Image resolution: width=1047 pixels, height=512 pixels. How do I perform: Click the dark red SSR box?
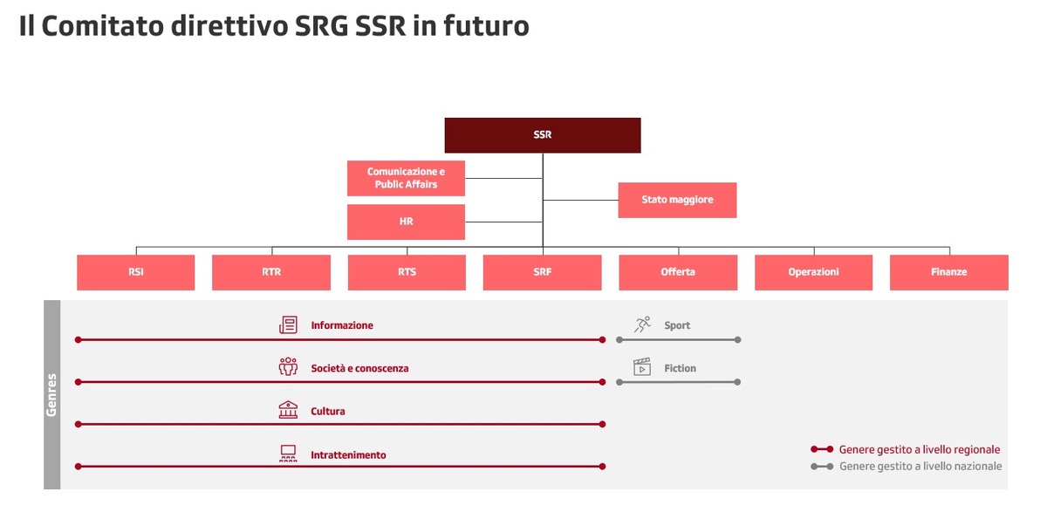(x=543, y=135)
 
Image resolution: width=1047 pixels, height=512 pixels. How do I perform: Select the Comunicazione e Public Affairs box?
(x=406, y=178)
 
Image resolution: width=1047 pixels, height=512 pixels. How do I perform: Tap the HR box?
(x=406, y=222)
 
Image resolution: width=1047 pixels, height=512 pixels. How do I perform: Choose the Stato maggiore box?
(x=677, y=200)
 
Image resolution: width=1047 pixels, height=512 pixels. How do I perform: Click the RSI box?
(x=135, y=272)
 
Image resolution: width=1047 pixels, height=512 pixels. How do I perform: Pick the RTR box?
(x=271, y=272)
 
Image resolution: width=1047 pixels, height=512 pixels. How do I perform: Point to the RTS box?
(x=407, y=272)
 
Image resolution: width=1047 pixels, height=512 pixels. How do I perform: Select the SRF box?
(x=542, y=272)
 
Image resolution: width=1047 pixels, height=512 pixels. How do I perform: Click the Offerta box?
(x=678, y=272)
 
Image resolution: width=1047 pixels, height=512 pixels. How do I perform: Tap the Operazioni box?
(x=813, y=272)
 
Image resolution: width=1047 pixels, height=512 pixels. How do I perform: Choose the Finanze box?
(x=949, y=272)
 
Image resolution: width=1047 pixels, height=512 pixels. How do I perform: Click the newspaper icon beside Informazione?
(x=288, y=324)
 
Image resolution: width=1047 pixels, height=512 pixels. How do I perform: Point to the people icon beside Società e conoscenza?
(x=288, y=366)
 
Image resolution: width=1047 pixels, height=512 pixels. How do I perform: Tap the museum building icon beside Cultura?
(x=288, y=410)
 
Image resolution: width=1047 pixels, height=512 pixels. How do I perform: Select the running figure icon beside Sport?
(x=642, y=324)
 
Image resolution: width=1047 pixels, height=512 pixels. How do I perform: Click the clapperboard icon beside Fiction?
(x=642, y=366)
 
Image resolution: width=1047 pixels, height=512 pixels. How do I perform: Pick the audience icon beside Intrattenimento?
(x=288, y=454)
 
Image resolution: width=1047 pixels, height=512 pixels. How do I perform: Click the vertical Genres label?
(x=51, y=395)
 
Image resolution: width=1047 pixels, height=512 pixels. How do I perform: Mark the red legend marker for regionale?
(x=822, y=449)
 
